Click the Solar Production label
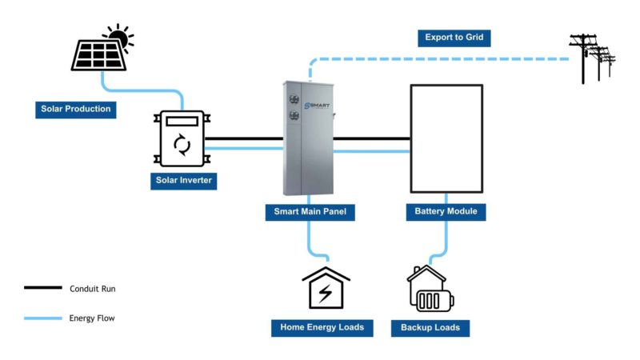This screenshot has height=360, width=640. tap(75, 108)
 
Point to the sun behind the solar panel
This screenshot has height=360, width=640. tap(119, 36)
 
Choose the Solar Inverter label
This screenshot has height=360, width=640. tap(183, 180)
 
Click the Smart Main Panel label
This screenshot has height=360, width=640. tap(309, 212)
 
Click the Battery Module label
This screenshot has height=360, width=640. tap(446, 212)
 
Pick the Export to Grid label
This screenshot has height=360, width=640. tap(454, 38)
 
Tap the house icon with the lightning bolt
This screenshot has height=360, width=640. tap(326, 287)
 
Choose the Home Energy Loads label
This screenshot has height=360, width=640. tap(322, 327)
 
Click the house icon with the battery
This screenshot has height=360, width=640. tap(430, 289)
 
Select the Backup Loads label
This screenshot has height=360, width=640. tap(430, 328)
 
